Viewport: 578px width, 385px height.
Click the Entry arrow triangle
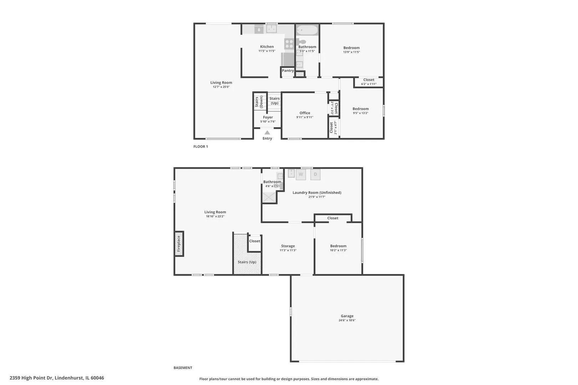[267, 133]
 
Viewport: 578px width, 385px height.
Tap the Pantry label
[288, 70]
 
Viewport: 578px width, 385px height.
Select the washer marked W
[301, 174]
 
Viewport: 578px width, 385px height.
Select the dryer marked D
[315, 174]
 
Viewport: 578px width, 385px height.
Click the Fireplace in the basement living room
[179, 244]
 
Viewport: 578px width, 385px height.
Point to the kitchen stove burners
[289, 43]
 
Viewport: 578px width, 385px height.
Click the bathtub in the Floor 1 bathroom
[307, 30]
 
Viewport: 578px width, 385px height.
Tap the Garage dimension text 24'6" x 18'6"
[347, 320]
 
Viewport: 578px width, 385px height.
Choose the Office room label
[305, 113]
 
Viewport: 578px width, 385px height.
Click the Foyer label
[268, 117]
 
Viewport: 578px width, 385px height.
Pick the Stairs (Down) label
[259, 102]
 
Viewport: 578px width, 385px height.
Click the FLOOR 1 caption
[201, 147]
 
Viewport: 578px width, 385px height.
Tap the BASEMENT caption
[183, 368]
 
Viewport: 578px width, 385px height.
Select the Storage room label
[288, 246]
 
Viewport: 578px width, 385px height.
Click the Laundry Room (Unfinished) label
[317, 192]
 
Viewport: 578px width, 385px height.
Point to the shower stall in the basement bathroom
[269, 197]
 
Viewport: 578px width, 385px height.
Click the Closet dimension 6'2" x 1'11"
[369, 84]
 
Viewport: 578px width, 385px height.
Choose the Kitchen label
[267, 47]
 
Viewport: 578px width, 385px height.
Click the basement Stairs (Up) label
[247, 262]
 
